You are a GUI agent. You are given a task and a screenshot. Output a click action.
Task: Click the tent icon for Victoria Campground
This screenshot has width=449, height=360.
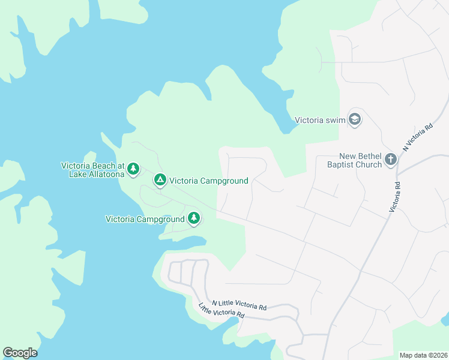(x=160, y=180)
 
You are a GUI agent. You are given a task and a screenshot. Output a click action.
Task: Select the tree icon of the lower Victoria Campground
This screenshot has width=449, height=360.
(x=193, y=218)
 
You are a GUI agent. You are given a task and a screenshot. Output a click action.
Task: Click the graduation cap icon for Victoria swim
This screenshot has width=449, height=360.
(x=355, y=119)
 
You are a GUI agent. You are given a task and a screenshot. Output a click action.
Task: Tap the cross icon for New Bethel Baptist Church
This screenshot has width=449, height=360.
(x=391, y=160)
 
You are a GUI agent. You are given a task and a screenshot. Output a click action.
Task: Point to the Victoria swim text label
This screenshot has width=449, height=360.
(x=320, y=120)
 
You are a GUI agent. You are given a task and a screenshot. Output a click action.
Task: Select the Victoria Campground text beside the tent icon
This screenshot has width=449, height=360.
(x=208, y=181)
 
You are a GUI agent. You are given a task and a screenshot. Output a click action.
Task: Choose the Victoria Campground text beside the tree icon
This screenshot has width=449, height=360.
(x=145, y=219)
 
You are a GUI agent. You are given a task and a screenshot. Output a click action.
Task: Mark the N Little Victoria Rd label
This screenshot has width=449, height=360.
(x=240, y=305)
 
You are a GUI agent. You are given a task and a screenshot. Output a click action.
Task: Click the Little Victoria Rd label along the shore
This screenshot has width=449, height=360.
(x=221, y=311)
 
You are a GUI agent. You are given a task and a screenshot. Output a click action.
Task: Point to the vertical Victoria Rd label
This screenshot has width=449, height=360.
(x=396, y=199)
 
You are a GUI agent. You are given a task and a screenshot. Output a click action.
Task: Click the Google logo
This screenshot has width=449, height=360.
(x=20, y=353)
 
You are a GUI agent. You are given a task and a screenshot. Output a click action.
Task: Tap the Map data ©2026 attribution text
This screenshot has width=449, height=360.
(x=423, y=355)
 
